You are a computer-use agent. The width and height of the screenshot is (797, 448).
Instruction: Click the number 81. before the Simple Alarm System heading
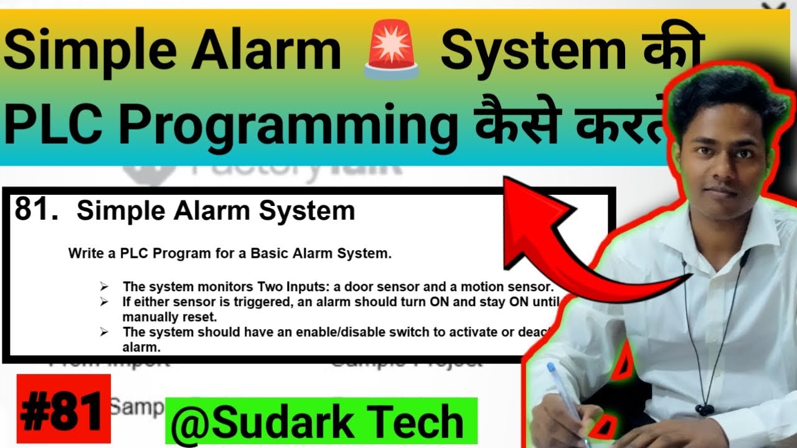36,211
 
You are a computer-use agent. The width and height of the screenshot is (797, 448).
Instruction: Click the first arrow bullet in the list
104,287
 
